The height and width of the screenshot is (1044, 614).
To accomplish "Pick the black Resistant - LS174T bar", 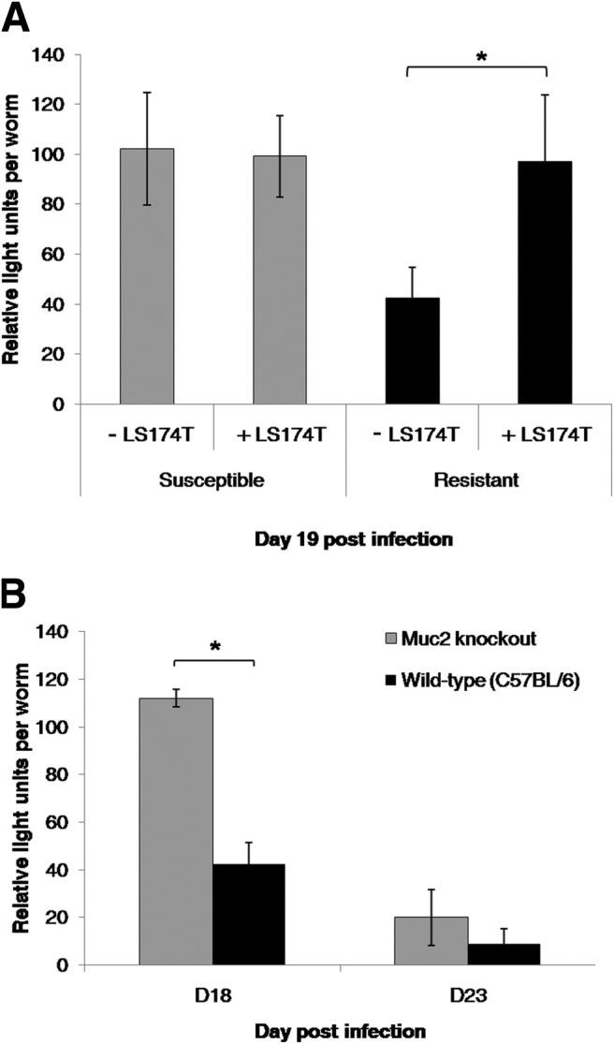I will [413, 351].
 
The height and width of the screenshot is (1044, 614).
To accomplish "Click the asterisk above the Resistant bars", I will [481, 56].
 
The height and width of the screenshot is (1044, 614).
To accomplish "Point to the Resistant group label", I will [480, 479].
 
